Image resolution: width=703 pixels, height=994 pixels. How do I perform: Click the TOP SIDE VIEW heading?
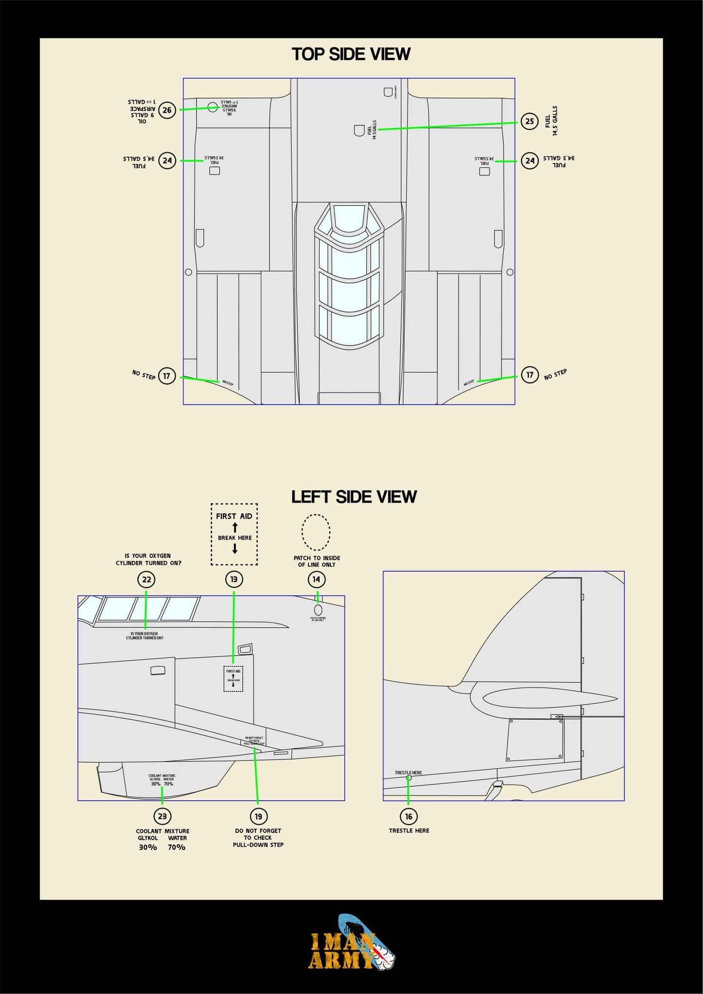click(x=351, y=54)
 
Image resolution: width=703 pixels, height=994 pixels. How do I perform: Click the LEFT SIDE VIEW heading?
click(x=354, y=497)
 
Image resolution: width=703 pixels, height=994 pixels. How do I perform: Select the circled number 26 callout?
click(x=167, y=110)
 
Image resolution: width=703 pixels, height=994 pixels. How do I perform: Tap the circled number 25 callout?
click(x=529, y=121)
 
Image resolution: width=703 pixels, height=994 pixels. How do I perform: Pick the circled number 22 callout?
click(x=146, y=579)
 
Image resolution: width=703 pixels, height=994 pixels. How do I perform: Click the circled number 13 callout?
click(x=234, y=579)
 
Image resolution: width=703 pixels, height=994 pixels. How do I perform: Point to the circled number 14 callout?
click(x=316, y=579)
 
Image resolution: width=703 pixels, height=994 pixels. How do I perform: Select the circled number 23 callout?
click(x=162, y=816)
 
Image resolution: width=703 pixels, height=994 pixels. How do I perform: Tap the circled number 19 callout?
click(x=258, y=816)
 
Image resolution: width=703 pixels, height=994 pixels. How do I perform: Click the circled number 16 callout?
click(x=409, y=816)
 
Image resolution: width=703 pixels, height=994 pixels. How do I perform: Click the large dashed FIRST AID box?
click(x=234, y=534)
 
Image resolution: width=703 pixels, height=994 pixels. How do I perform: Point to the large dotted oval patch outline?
click(x=316, y=532)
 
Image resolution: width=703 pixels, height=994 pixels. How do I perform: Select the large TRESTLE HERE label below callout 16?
click(x=409, y=831)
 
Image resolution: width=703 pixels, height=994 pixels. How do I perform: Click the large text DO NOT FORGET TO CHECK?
click(x=258, y=834)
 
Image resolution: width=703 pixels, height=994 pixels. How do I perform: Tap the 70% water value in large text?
click(x=177, y=848)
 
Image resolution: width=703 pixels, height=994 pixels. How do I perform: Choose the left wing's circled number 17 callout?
click(x=167, y=376)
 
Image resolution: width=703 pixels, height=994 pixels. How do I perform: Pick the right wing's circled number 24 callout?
click(x=529, y=161)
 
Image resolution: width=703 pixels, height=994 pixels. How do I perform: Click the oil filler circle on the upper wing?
click(x=213, y=107)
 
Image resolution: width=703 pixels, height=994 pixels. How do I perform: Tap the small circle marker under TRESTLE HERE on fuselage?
click(x=409, y=778)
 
